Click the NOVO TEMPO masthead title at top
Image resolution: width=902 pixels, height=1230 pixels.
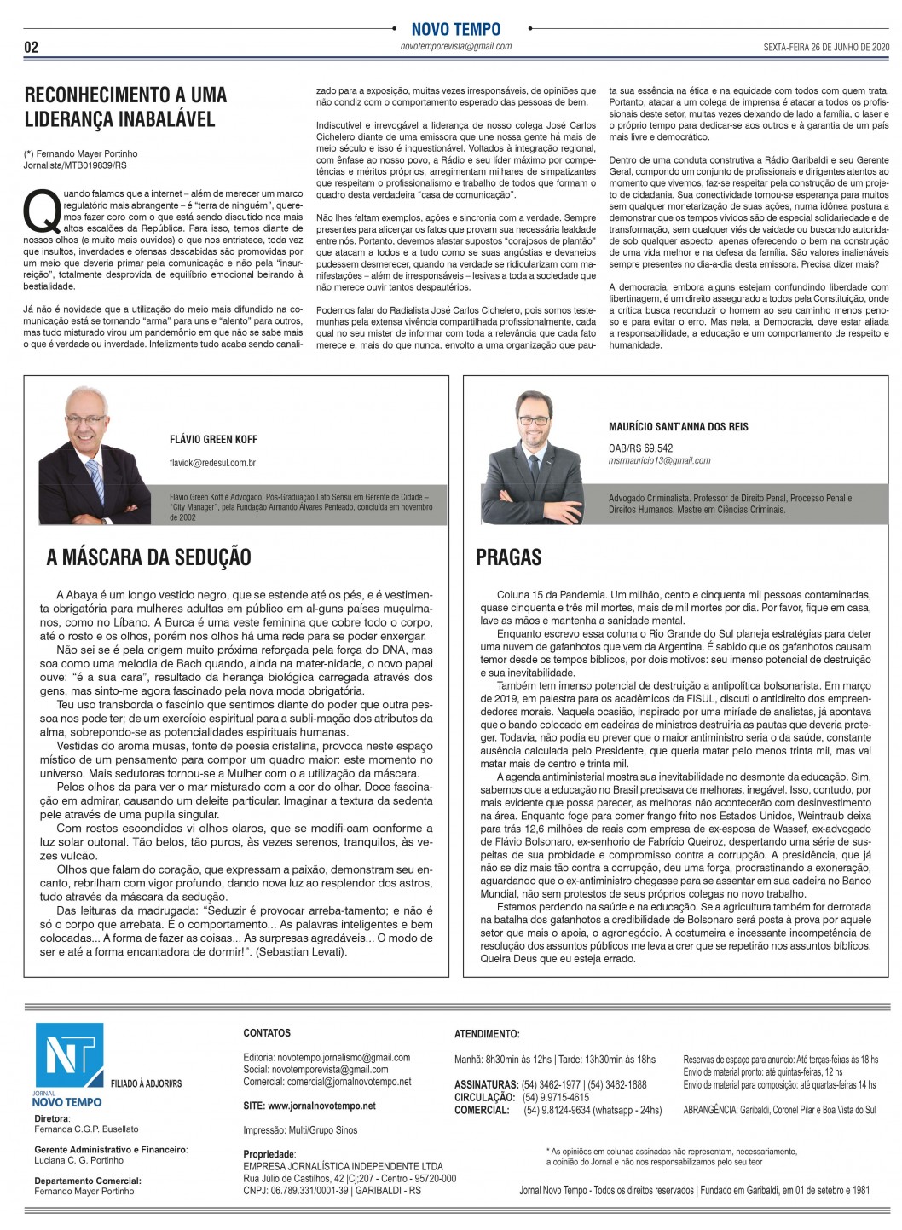click(x=455, y=29)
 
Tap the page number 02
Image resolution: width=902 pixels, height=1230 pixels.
click(x=32, y=48)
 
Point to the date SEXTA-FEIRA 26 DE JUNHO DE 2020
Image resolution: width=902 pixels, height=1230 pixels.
click(x=814, y=47)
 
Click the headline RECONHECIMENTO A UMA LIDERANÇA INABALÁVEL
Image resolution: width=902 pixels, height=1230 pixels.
click(x=125, y=107)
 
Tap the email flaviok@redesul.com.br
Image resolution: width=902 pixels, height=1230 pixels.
click(x=213, y=463)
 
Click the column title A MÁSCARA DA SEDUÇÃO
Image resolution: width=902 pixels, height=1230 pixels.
click(x=148, y=557)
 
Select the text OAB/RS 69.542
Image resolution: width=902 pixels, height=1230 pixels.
click(x=640, y=448)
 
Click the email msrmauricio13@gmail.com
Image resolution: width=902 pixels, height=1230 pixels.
click(x=659, y=460)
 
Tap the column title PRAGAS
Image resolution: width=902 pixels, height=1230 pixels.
click(x=508, y=557)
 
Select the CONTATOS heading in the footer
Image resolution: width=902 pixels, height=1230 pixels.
click(x=267, y=1033)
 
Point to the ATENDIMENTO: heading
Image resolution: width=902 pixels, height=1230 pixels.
click(x=487, y=1034)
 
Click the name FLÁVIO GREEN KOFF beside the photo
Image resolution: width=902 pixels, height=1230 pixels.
click(x=213, y=440)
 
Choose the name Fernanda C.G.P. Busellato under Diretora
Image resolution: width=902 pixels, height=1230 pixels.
click(x=86, y=1129)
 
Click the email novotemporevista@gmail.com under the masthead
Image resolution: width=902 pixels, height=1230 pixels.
click(x=456, y=47)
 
